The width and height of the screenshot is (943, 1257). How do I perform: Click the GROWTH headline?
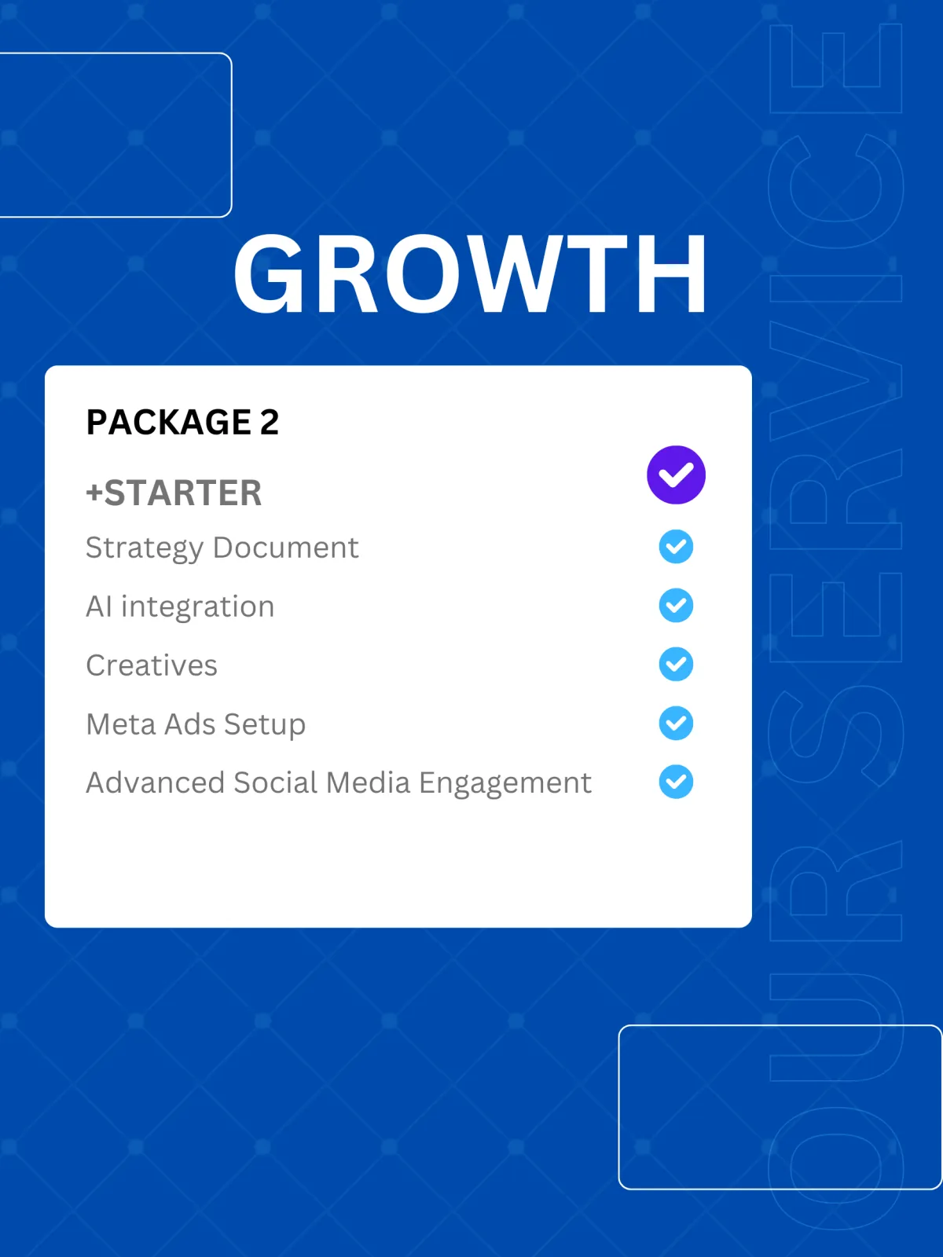click(x=471, y=273)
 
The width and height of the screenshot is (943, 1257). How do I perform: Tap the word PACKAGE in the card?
click(x=169, y=422)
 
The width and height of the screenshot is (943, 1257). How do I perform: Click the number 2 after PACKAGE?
click(x=270, y=422)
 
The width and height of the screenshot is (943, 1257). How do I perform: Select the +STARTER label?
click(x=174, y=493)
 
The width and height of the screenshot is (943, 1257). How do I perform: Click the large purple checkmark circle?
click(x=676, y=475)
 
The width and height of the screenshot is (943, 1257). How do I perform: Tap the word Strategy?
click(x=145, y=548)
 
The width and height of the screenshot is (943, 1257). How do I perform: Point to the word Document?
click(x=286, y=547)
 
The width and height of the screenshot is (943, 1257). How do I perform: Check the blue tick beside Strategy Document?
click(x=676, y=546)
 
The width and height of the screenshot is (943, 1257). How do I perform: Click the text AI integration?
click(x=181, y=607)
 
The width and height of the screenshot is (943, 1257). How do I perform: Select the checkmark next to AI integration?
click(x=676, y=605)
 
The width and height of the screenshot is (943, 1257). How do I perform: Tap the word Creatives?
click(x=152, y=665)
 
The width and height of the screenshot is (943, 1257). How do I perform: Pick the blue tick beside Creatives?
click(x=676, y=665)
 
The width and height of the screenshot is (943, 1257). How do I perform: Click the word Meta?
click(x=121, y=724)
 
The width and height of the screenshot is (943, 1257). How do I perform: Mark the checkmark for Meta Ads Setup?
click(x=676, y=724)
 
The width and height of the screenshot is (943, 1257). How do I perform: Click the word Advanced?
click(x=155, y=782)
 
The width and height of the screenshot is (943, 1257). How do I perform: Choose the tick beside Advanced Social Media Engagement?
click(x=676, y=782)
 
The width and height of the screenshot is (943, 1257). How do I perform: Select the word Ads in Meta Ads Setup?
click(x=189, y=724)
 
